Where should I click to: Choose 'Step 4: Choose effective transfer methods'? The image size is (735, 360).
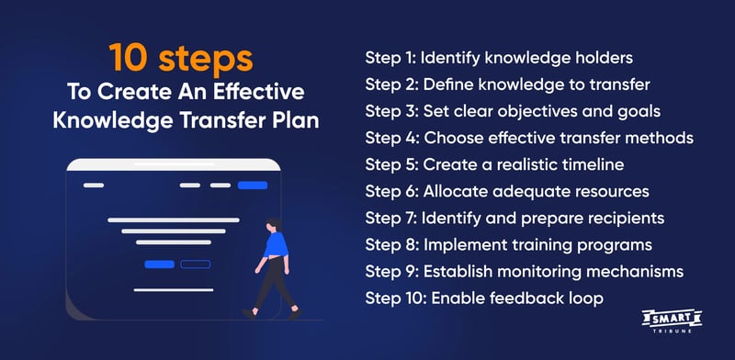pyautogui.click(x=528, y=138)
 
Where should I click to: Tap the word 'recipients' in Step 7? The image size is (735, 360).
pyautogui.click(x=626, y=219)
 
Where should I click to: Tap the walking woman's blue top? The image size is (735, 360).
pyautogui.click(x=275, y=246)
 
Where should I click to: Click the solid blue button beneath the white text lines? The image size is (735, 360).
pyautogui.click(x=160, y=264)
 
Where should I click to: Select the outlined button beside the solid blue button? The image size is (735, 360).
pyautogui.click(x=195, y=264)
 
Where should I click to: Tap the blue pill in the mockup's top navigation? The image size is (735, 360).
pyautogui.click(x=252, y=186)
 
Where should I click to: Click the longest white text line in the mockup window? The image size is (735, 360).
pyautogui.click(x=174, y=220)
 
